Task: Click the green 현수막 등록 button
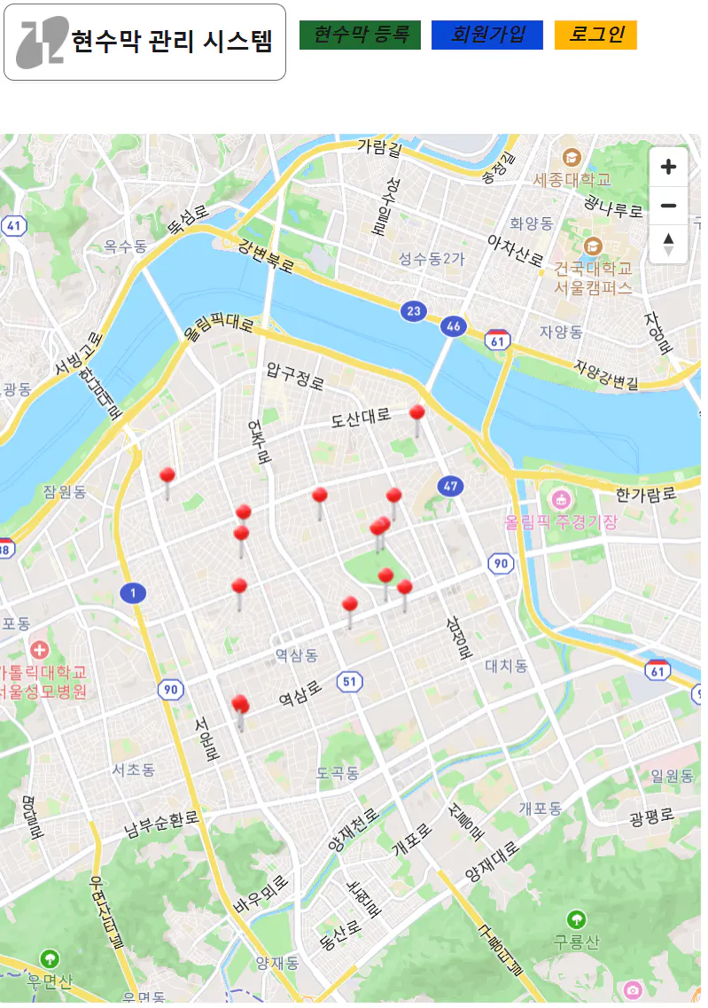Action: (x=360, y=35)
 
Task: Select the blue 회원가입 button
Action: (x=486, y=35)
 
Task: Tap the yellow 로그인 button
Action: (x=595, y=35)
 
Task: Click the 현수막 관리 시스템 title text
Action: (x=172, y=42)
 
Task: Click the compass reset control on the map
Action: (x=668, y=244)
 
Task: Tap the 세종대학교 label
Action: (x=572, y=179)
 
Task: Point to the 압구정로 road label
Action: (x=296, y=377)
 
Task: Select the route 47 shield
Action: (x=451, y=486)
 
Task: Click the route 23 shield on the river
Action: (x=412, y=310)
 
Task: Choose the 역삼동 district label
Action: (x=296, y=655)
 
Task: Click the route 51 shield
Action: (x=349, y=681)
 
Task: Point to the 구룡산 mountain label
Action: (x=577, y=942)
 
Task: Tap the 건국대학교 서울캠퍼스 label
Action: (x=593, y=277)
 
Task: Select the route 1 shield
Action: (x=133, y=592)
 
